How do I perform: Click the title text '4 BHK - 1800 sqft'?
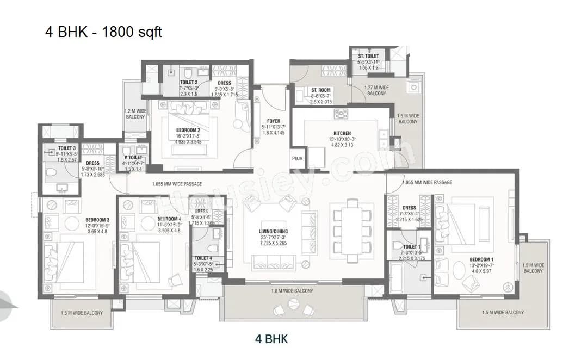103,32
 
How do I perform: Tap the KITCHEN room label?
342,133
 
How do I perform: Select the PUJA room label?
297,159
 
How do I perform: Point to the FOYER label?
273,121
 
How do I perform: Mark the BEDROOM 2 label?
188,130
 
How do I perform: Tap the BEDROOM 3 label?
97,220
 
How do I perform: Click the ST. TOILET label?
368,57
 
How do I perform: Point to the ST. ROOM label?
321,90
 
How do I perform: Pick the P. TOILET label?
133,158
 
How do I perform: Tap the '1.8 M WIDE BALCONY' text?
292,291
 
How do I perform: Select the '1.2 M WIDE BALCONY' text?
135,114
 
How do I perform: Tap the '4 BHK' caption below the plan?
271,339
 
